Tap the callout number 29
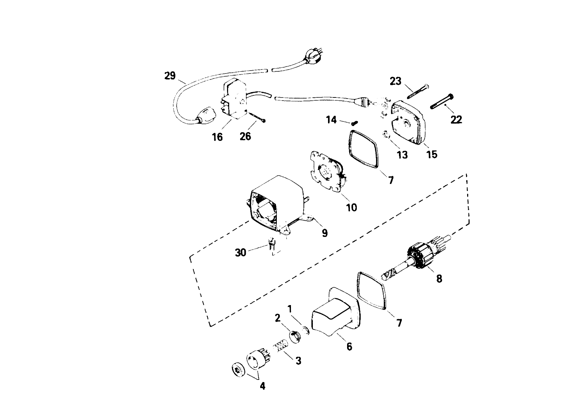(170, 76)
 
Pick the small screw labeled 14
(354, 123)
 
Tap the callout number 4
(262, 386)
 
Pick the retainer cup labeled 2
(295, 335)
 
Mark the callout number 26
(245, 136)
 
